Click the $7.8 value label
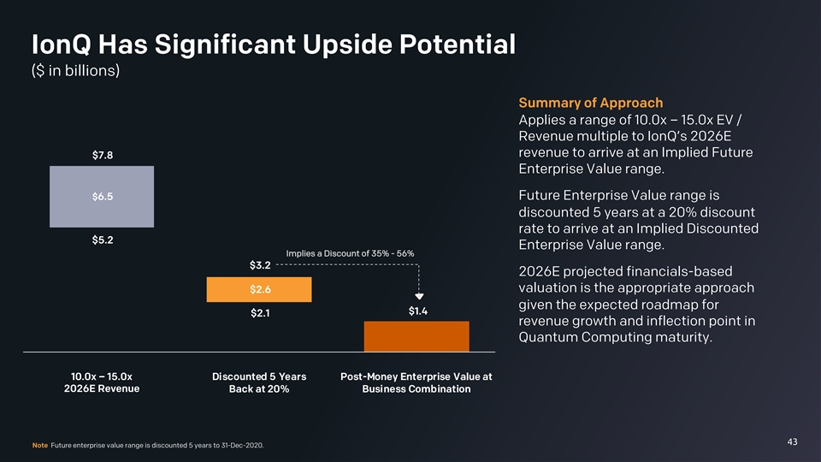(103, 155)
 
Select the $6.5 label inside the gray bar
(103, 196)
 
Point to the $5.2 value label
(103, 239)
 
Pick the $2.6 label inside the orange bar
(260, 289)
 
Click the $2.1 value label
(260, 314)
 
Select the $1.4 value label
(418, 311)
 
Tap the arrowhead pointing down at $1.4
(418, 297)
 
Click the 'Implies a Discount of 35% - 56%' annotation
(351, 253)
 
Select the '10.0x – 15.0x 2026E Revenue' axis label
(102, 382)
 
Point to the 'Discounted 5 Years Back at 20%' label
(259, 382)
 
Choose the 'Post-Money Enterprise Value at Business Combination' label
(416, 382)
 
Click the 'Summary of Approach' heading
(591, 103)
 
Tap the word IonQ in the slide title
(58, 43)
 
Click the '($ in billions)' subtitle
(74, 70)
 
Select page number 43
(792, 441)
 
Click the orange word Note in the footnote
(38, 445)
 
